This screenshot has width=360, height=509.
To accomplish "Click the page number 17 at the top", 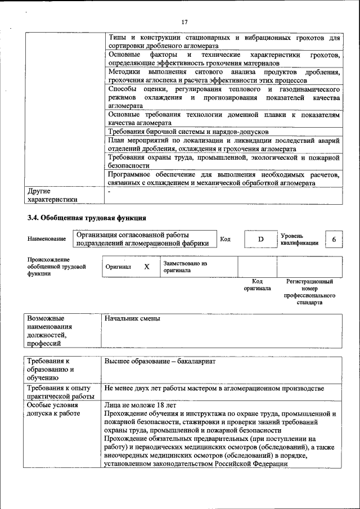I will pos(184,22).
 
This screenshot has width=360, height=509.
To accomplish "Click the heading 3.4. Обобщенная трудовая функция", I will pos(87,218).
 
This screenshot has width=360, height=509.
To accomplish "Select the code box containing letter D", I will pos(260,240).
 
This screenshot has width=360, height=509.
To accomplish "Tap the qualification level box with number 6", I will pos(334,240).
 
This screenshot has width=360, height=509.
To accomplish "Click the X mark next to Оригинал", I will pos(146,267).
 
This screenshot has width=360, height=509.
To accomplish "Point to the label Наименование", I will pos(46,240).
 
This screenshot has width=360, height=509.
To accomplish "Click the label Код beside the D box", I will pos(225,240).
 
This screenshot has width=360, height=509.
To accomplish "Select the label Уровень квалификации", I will pos(299,240).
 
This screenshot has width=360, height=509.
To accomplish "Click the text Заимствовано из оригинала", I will pos(186,267).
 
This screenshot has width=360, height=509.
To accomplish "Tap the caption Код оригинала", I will pos(257,285).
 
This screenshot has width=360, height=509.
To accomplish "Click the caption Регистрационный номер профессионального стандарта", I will pos(309,291).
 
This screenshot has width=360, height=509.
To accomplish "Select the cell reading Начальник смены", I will pos(132,319).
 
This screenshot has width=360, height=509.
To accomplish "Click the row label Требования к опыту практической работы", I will pos(58,393).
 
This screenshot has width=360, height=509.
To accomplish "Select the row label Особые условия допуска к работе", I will pos(54,409).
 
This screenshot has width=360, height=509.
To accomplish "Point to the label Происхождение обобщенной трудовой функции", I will pos(56,267).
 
